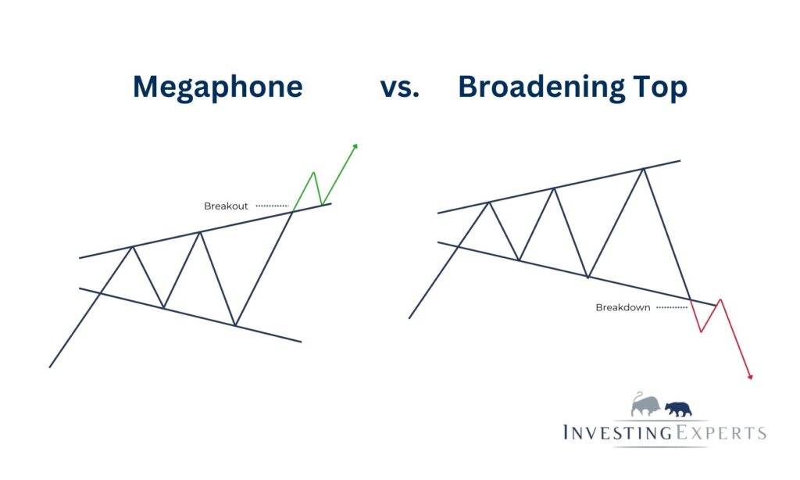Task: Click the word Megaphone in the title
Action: (x=217, y=87)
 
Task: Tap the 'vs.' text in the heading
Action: (x=400, y=88)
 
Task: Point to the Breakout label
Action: (x=226, y=206)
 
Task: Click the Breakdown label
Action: (x=623, y=307)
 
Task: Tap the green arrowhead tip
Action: (x=356, y=145)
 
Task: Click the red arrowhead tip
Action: (x=751, y=379)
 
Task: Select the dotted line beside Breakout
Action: (x=272, y=206)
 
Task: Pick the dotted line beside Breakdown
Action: (x=672, y=307)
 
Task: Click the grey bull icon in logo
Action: (x=647, y=405)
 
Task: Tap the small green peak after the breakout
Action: (x=312, y=172)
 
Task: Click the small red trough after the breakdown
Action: (x=701, y=331)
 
